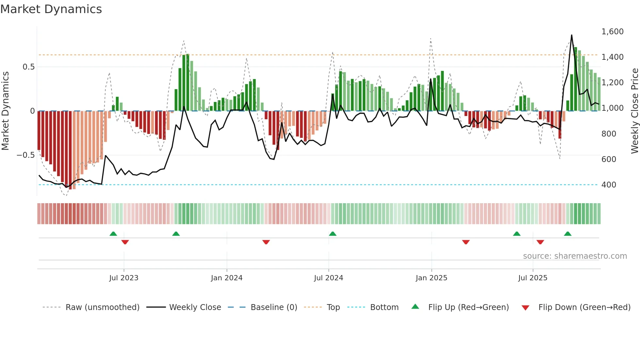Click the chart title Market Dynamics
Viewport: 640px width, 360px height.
[51, 9]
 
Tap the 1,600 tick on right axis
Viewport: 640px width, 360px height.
[612, 32]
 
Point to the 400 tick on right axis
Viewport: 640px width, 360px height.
[609, 185]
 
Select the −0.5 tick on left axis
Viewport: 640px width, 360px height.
[25, 155]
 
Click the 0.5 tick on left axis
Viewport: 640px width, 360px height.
[28, 67]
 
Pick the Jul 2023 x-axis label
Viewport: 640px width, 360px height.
[124, 278]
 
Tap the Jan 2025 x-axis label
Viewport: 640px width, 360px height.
[431, 278]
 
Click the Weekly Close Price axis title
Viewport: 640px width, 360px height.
[634, 111]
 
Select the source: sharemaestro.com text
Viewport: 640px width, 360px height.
[575, 256]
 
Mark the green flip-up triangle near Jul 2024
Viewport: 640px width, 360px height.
[332, 234]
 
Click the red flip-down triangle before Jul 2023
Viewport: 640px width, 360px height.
[125, 242]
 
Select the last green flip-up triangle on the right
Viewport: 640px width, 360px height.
[568, 234]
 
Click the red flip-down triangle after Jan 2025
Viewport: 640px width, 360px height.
[466, 242]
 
